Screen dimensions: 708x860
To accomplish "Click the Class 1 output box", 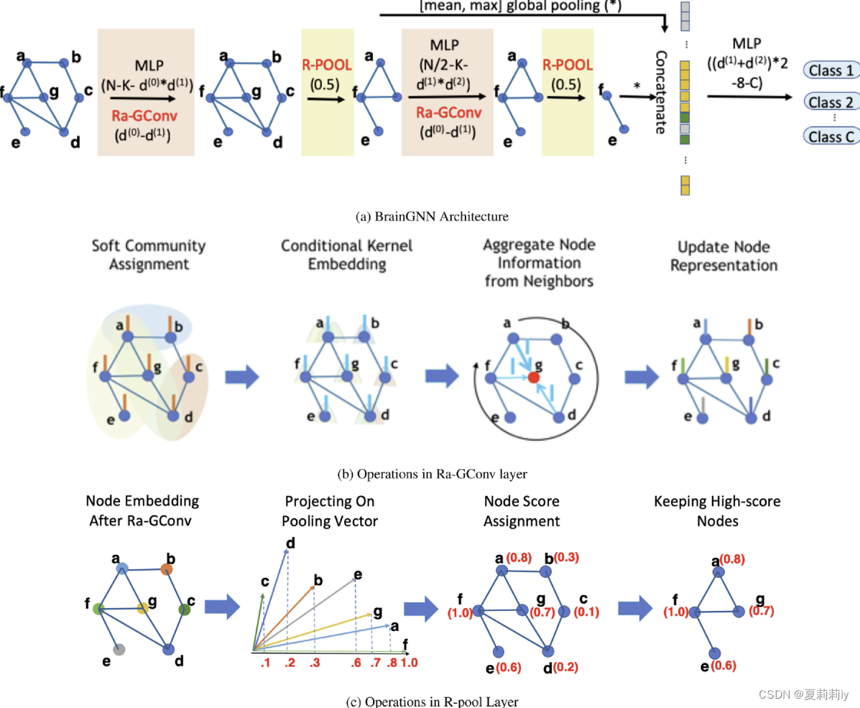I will tap(831, 70).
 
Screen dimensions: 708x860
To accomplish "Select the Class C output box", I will tap(831, 136).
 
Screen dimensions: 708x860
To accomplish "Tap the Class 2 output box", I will tap(831, 102).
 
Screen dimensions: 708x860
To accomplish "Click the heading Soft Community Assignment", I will tap(149, 255).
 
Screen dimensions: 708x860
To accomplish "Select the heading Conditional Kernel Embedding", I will tap(347, 255).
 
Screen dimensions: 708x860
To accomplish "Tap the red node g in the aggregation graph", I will tap(533, 377).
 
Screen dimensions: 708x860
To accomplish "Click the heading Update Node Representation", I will tap(723, 256).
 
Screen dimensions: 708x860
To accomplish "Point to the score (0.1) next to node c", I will tap(586, 612).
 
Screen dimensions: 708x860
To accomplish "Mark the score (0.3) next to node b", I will tap(563, 557).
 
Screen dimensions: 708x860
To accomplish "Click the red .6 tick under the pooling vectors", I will tap(356, 663).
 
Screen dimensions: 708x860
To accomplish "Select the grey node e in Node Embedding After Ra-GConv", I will tap(120, 648).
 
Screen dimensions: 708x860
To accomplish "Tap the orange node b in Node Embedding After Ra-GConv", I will tap(167, 569).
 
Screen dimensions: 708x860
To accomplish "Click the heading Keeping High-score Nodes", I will tap(716, 510).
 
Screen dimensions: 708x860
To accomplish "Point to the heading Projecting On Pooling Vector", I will tap(330, 510).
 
